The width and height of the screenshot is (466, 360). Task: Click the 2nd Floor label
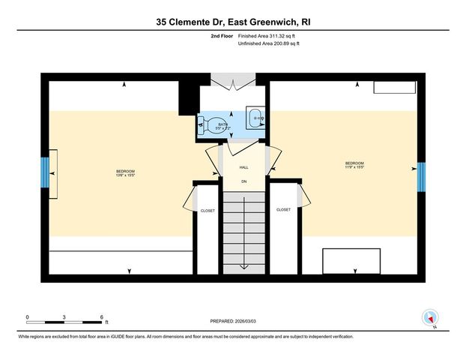coord(222,36)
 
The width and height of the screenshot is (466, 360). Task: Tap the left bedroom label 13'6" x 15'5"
coord(125,174)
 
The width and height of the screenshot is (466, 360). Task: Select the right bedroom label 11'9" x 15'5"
coord(354,165)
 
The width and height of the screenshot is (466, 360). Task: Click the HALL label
coord(243,168)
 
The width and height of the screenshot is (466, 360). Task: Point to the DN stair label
coord(243,181)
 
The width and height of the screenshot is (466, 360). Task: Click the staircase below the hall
coord(243,232)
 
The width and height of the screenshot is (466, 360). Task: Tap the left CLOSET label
coord(208,211)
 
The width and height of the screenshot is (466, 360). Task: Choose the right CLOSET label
coord(283,210)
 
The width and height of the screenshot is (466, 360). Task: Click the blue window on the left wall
coord(44,174)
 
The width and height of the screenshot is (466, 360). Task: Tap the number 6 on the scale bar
coord(102,316)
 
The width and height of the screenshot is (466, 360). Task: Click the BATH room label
coord(222,124)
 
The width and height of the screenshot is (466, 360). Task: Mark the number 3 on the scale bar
coord(65,316)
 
